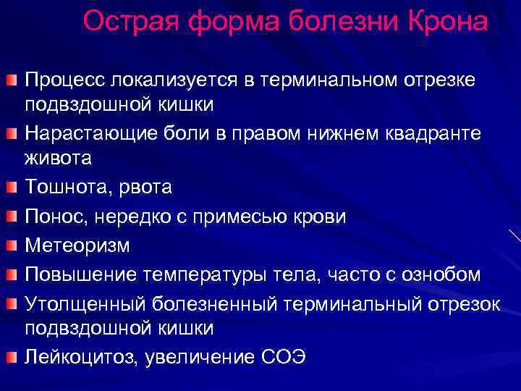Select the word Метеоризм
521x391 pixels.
point(77,245)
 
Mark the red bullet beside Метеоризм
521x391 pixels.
point(11,245)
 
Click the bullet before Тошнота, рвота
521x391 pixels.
point(11,188)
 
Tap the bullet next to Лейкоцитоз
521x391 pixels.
point(11,356)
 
